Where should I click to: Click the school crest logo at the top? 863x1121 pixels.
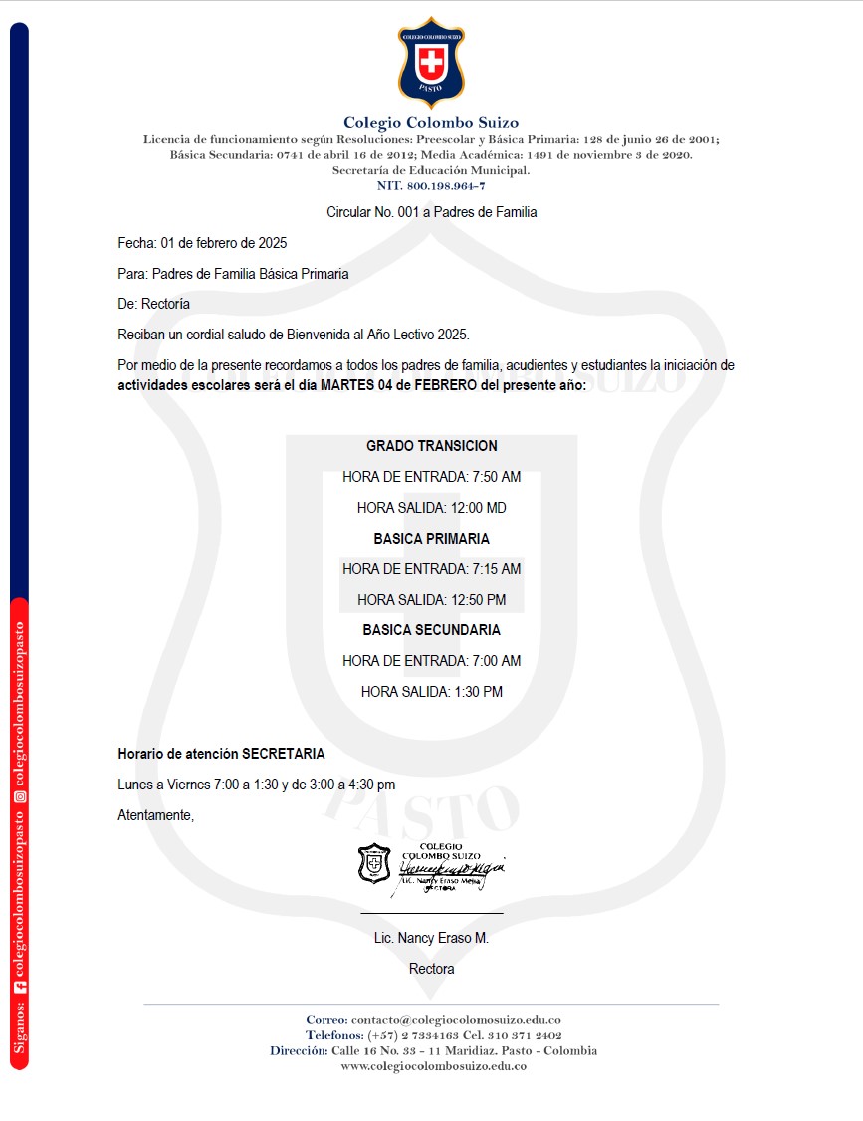click(x=431, y=62)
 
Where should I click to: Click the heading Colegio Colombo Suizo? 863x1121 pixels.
click(x=431, y=123)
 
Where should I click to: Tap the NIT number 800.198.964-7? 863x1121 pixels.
click(x=445, y=186)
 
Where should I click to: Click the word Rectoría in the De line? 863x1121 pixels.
click(x=166, y=304)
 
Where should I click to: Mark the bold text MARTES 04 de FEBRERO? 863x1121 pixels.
click(x=398, y=385)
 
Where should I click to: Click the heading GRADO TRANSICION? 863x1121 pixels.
click(x=431, y=446)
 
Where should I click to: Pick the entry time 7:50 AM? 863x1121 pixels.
click(x=497, y=477)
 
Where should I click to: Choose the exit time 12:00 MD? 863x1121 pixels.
click(x=479, y=508)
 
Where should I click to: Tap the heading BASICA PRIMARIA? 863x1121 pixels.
click(x=431, y=539)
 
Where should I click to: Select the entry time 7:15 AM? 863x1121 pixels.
click(x=497, y=569)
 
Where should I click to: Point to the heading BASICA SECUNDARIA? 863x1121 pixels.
click(x=431, y=630)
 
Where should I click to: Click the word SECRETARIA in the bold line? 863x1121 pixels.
click(x=283, y=754)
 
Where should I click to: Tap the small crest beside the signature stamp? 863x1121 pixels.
click(x=374, y=863)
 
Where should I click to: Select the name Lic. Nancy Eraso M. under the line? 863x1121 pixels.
click(x=431, y=938)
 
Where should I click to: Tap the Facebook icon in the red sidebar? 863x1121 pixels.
click(x=19, y=986)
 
